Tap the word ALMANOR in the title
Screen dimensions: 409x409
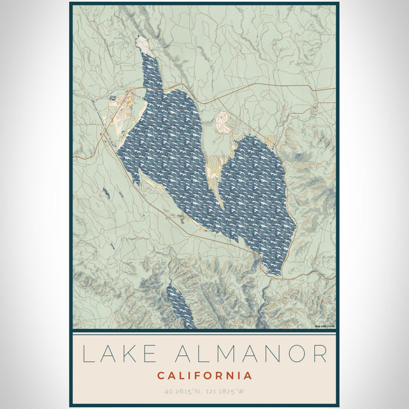pos(251,354)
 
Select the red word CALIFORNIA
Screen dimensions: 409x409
pos(204,376)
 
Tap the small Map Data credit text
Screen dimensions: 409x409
pos(324,325)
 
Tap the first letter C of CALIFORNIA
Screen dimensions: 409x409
pos(161,376)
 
